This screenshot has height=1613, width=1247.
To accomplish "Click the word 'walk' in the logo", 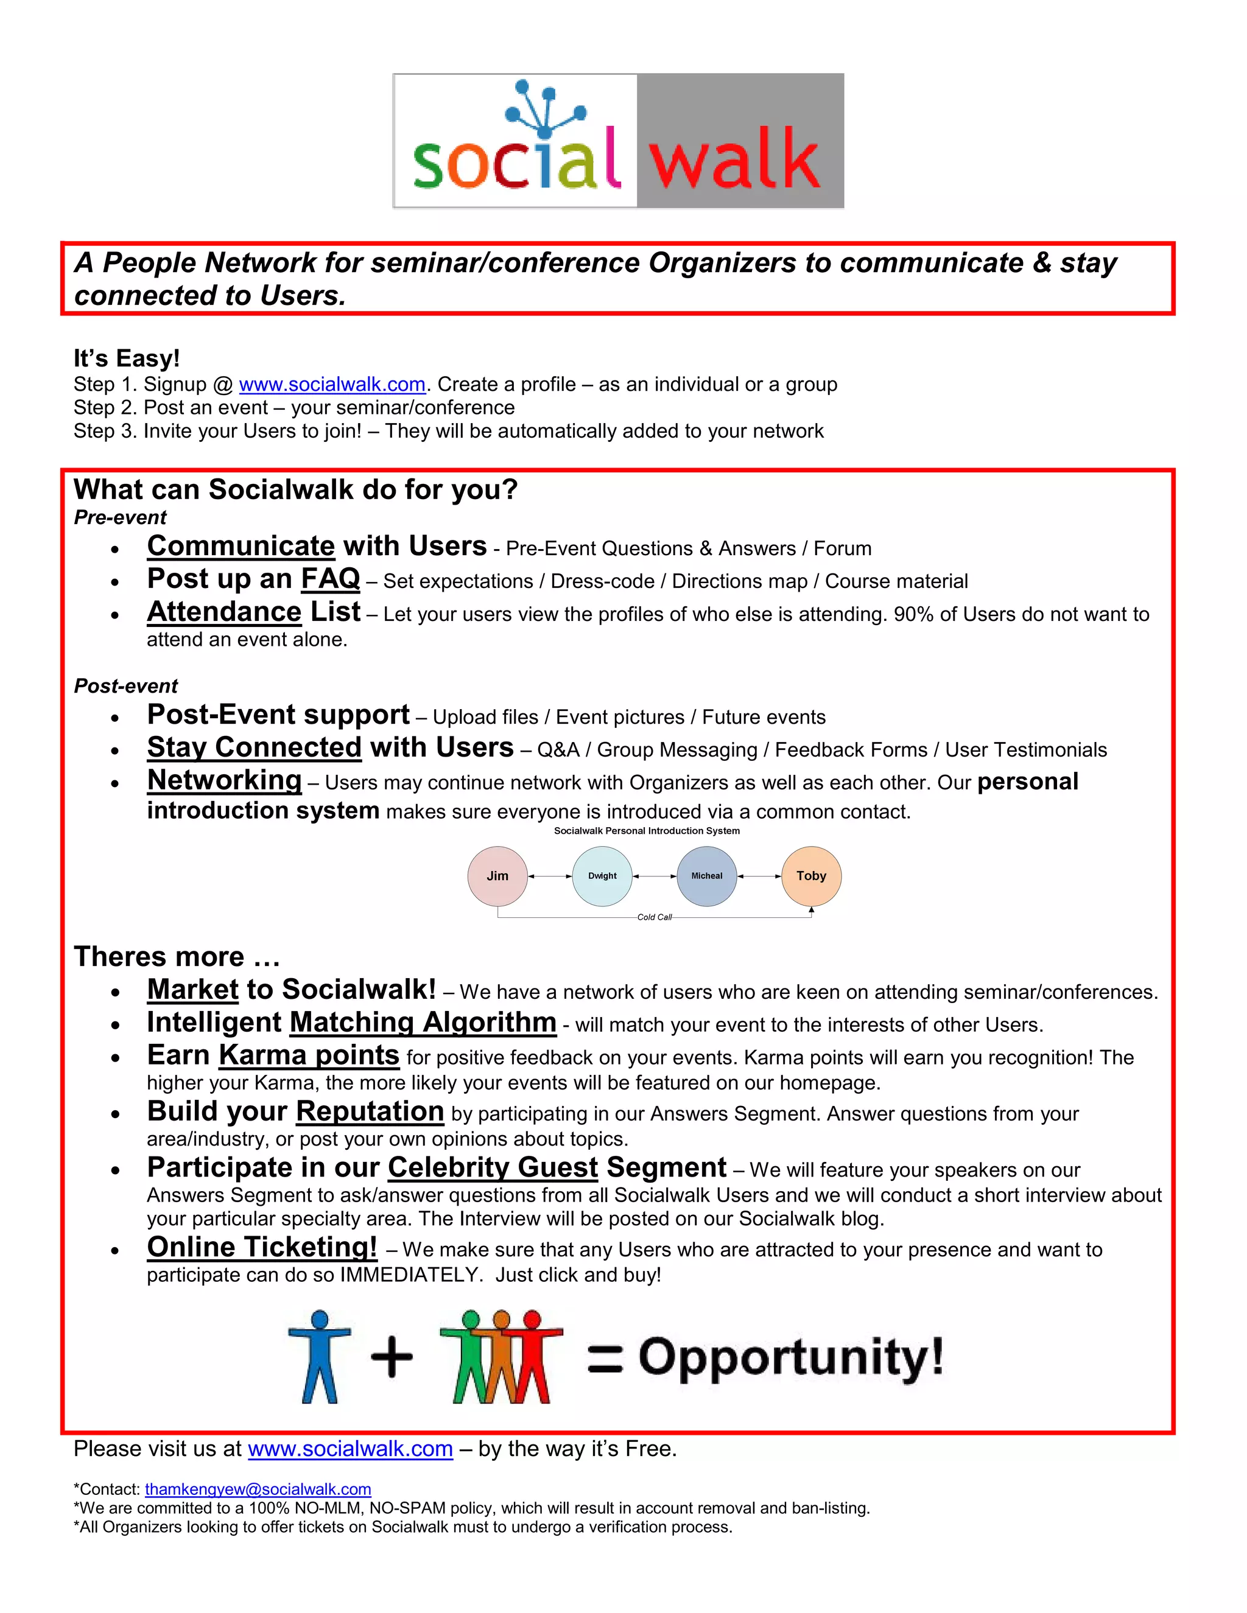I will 734,158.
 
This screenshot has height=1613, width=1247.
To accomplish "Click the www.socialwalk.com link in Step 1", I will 332,385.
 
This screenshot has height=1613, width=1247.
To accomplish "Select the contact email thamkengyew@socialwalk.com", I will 258,1489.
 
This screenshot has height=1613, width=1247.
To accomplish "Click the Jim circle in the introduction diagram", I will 497,876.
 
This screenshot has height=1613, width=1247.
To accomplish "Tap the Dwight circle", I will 602,876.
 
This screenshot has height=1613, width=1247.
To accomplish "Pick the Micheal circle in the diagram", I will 707,876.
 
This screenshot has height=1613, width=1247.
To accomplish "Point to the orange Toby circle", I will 811,876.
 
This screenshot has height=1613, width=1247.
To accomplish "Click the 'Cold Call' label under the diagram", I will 655,917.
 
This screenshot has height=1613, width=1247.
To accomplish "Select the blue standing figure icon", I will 319,1357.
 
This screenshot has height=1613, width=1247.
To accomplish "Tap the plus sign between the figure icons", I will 392,1357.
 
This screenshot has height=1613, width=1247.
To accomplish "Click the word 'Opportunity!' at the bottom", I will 791,1357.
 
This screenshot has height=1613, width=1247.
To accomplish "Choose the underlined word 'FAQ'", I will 330,579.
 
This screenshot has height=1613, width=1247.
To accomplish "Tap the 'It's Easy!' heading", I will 126,359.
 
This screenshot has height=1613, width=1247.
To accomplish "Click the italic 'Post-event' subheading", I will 125,686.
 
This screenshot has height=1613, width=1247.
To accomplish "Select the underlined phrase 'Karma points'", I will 309,1055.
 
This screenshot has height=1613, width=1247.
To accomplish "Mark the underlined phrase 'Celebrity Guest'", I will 493,1167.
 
